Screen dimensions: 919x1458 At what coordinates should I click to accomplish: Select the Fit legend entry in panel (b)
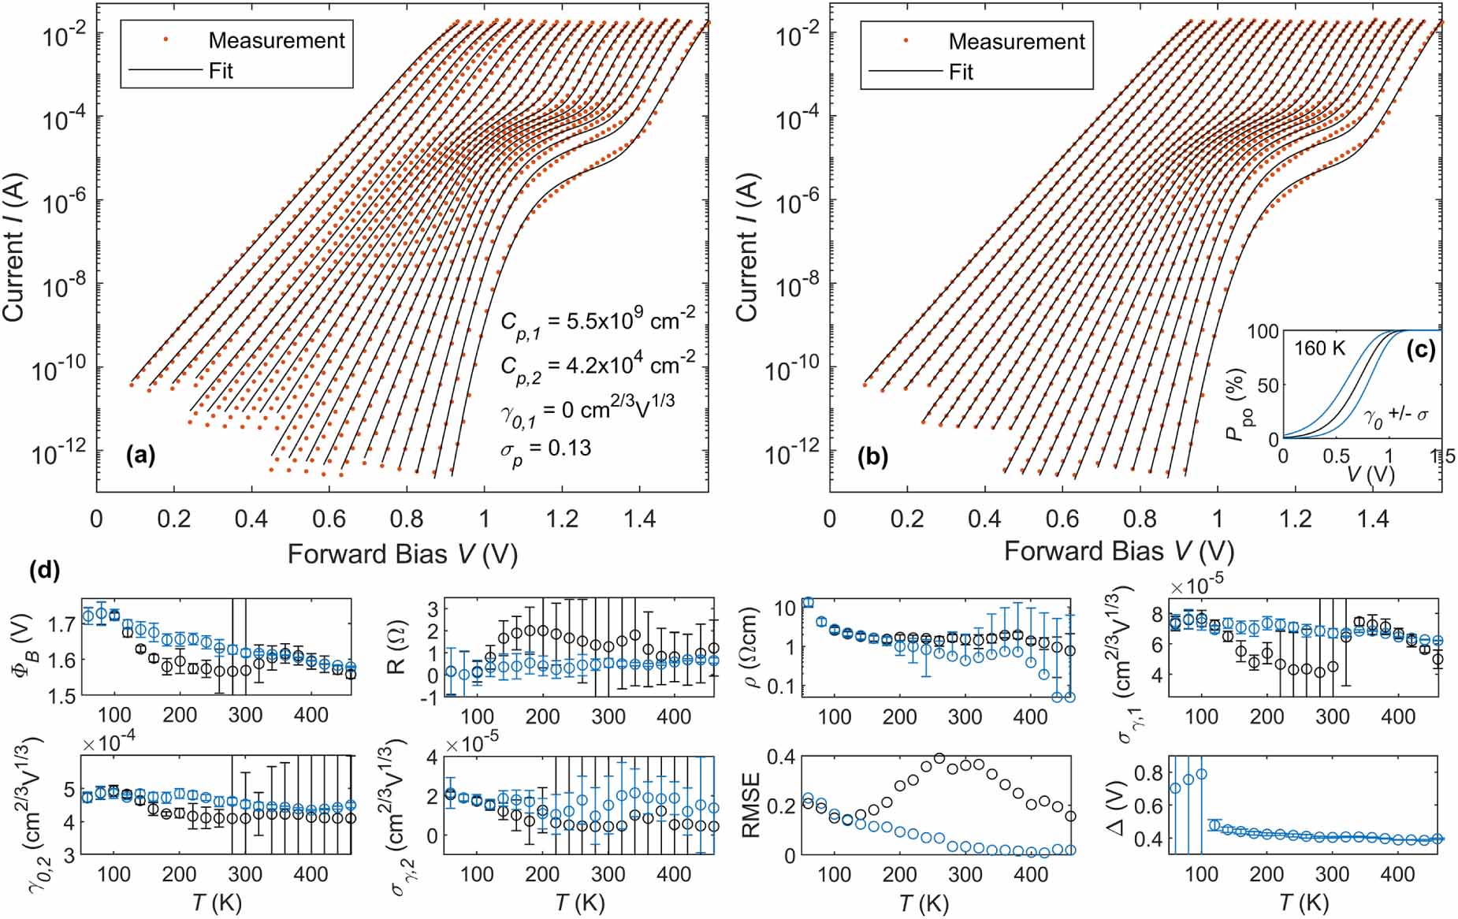pyautogui.click(x=961, y=72)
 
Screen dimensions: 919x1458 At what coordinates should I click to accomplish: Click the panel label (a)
pyautogui.click(x=140, y=455)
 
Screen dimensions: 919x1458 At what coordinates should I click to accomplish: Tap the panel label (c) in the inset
pyautogui.click(x=1421, y=349)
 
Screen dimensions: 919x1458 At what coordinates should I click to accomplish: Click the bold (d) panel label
pyautogui.click(x=44, y=570)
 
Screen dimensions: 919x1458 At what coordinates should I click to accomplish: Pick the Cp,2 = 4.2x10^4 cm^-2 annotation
pyautogui.click(x=597, y=365)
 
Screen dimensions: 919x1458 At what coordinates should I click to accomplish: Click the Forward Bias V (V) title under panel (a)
pyautogui.click(x=402, y=554)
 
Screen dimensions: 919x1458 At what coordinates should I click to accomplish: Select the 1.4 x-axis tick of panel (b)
pyautogui.click(x=1373, y=518)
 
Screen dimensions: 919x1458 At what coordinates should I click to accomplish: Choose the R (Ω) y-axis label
pyautogui.click(x=396, y=653)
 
